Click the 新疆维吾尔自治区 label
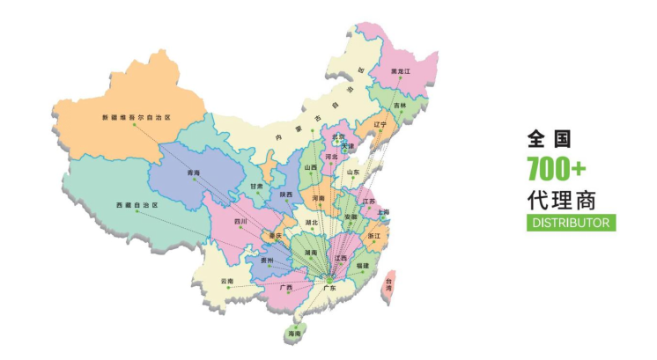[136, 117]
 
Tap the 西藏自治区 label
[136, 205]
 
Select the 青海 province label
[194, 173]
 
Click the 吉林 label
[401, 106]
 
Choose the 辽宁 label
[380, 125]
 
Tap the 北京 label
[338, 137]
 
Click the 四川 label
[240, 221]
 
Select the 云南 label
[228, 281]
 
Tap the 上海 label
[382, 212]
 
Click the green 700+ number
[557, 167]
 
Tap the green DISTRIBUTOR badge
[572, 223]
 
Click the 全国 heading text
[550, 139]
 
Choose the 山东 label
[353, 173]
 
